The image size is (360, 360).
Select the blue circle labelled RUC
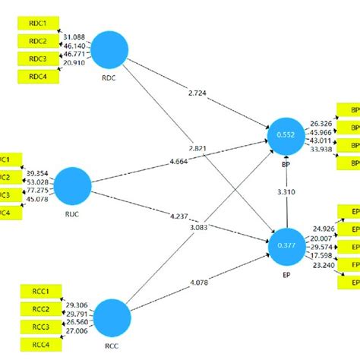click(x=73, y=184)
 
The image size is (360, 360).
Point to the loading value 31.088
click(x=74, y=37)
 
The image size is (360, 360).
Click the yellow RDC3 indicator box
click(x=37, y=58)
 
